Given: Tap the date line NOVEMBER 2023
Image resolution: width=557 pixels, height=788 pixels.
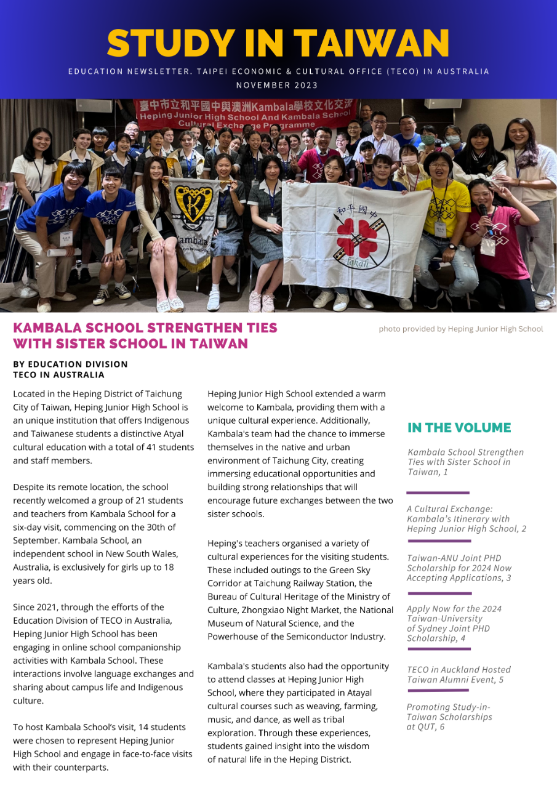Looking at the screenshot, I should click(x=278, y=85).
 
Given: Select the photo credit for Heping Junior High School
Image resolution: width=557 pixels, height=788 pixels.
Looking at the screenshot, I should click(x=460, y=329).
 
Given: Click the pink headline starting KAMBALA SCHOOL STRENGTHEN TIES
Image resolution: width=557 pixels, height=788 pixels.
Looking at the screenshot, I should click(x=145, y=336).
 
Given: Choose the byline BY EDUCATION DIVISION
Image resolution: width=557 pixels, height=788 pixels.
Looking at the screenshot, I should click(x=70, y=364).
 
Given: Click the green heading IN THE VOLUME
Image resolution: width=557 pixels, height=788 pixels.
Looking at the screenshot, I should click(x=459, y=428).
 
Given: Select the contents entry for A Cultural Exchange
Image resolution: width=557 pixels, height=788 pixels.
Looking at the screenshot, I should click(x=466, y=519).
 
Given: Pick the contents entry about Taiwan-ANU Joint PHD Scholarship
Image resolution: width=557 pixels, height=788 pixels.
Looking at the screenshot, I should click(x=459, y=568).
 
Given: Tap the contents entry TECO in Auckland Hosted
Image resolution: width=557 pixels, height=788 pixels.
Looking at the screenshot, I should click(x=459, y=675).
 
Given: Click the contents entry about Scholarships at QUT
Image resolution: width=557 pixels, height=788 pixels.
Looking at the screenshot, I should click(x=449, y=717).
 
